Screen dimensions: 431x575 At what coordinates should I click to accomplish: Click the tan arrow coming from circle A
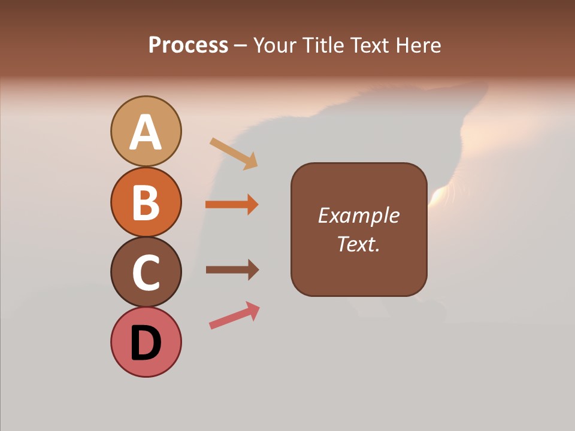(x=234, y=153)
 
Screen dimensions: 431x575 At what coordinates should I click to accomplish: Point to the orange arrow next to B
(x=232, y=205)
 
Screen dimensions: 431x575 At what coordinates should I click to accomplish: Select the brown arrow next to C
(x=232, y=270)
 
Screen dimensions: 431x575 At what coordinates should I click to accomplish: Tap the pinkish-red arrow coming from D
(x=234, y=316)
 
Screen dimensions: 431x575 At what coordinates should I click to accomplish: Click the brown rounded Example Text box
(x=359, y=229)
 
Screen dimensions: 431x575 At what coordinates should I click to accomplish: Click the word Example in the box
(x=359, y=215)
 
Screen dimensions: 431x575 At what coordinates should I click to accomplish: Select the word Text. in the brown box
(x=359, y=244)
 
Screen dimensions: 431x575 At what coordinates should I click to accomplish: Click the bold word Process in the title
(x=188, y=45)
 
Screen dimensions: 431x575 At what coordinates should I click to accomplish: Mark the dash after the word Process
(x=240, y=45)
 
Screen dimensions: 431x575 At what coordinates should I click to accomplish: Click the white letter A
(x=146, y=133)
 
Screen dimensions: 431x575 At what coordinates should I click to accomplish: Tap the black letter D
(x=146, y=343)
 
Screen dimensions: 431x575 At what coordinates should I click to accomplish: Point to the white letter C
(x=146, y=273)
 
